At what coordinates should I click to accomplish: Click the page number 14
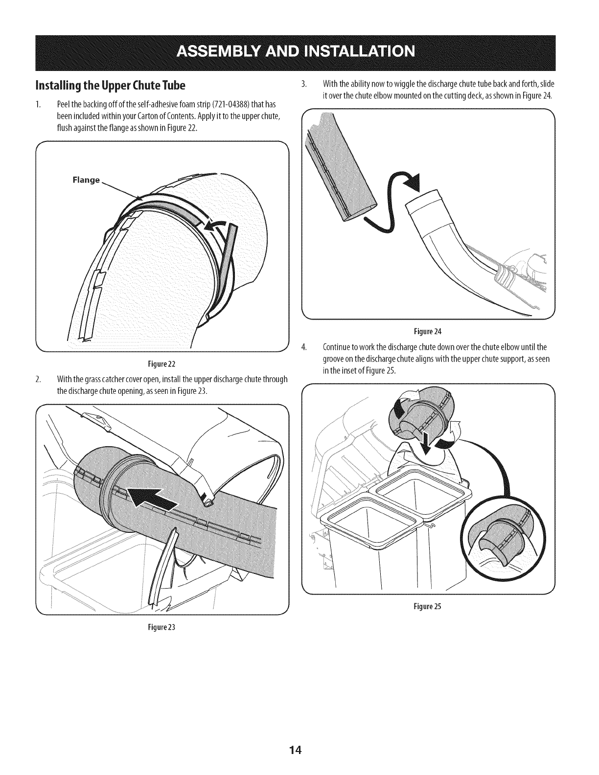click(299, 736)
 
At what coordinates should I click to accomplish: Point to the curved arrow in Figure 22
click(216, 226)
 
